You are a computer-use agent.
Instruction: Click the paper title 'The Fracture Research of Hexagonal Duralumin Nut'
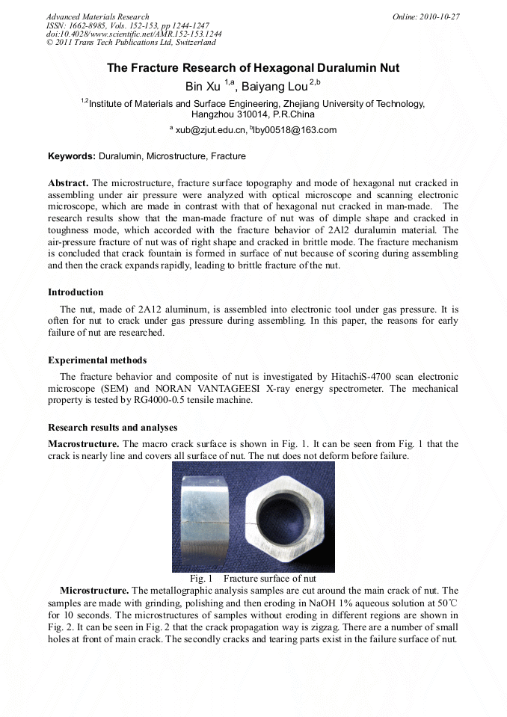tap(253, 68)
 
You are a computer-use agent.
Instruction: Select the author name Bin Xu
tap(203, 87)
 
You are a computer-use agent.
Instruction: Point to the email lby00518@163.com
tap(295, 130)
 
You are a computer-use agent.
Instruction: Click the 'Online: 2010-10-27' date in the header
tap(426, 16)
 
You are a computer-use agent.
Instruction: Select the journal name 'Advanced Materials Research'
tap(97, 16)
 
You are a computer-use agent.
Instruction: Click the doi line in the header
tap(134, 34)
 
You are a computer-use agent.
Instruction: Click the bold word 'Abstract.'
tap(68, 182)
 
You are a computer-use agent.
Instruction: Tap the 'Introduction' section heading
tap(76, 292)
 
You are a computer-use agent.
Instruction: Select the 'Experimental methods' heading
tap(97, 360)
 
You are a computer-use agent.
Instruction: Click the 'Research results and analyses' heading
tap(112, 428)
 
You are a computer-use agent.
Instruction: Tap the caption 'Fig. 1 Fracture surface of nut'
tap(253, 579)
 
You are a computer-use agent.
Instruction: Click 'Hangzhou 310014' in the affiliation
tap(226, 115)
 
